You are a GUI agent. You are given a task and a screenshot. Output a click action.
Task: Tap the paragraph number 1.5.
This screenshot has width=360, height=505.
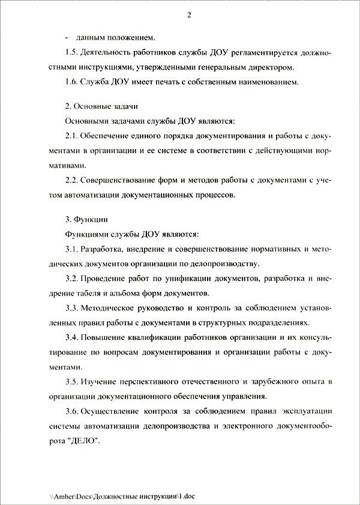click(72, 53)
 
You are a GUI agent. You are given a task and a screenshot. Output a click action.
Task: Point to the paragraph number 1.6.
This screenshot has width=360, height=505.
click(72, 82)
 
